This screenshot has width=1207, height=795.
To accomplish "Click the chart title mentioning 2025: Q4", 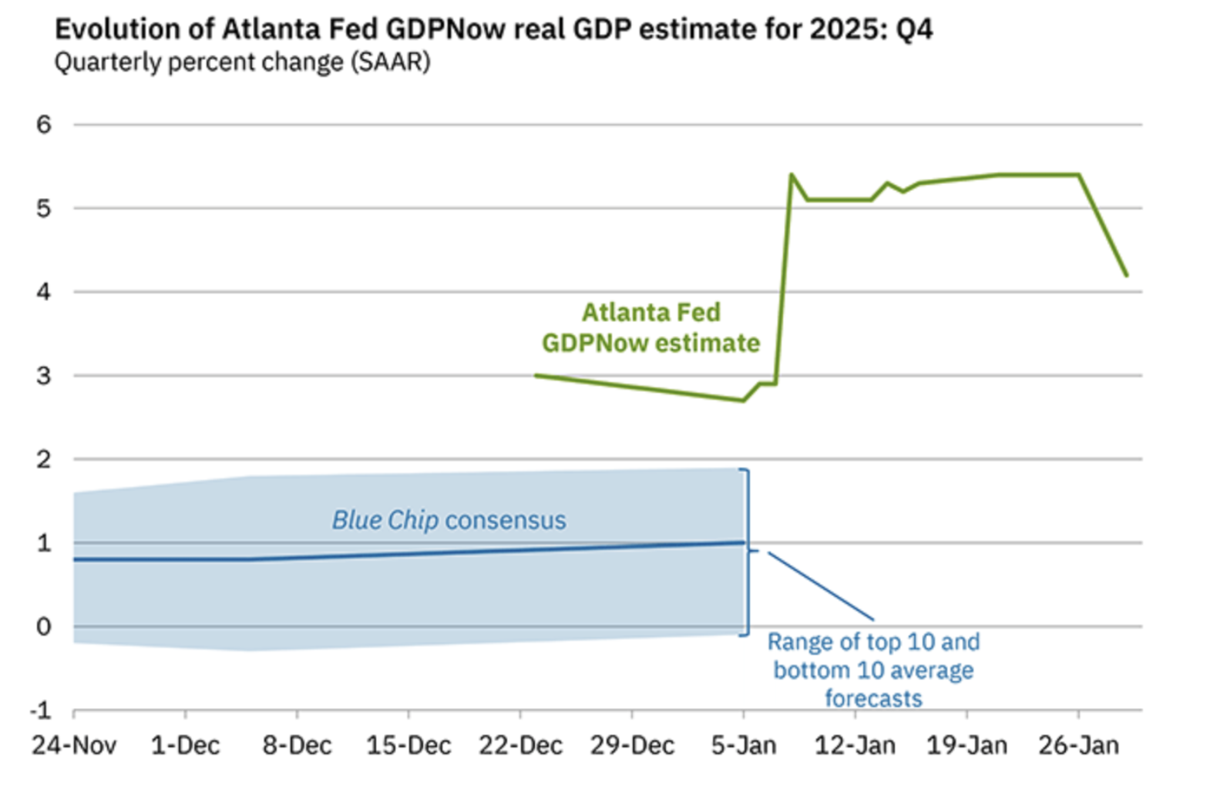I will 493,29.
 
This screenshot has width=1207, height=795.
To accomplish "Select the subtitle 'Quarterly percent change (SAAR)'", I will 242,62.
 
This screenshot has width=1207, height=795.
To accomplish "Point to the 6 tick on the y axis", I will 44,124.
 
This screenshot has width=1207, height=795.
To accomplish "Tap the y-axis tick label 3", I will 44,376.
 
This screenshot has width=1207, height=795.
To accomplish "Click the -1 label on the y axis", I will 41,709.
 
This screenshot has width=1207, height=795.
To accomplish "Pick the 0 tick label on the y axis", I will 44,626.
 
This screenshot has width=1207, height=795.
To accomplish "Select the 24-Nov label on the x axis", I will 74,746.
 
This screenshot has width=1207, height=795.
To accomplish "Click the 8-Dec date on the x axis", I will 297,746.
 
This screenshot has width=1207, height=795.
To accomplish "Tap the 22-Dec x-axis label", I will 520,746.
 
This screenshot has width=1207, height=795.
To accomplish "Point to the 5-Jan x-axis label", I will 743,746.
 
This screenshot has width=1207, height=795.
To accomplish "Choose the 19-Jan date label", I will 967,746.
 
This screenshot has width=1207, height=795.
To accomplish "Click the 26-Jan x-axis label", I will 1078,746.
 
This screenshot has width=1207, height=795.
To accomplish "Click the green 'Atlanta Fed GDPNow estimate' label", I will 651,327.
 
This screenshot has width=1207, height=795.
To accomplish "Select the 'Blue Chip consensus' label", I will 449,520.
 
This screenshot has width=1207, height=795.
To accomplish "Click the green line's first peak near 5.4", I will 792,175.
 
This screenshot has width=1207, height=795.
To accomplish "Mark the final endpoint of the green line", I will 1127,275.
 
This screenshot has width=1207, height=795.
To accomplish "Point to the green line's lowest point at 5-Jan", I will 743,401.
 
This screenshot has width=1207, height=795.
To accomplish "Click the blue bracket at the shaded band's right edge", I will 747,552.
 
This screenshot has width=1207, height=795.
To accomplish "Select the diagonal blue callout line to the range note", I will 821,586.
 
